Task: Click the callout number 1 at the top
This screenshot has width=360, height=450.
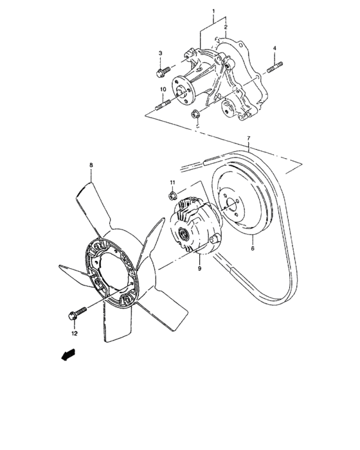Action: pos(213,12)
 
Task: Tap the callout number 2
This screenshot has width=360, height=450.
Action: pos(226,27)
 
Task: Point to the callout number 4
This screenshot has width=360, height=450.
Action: pos(274,49)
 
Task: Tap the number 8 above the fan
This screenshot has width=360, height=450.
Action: pos(91,165)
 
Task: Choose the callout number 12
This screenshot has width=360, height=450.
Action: pos(74,334)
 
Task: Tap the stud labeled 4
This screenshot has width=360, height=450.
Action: pos(274,65)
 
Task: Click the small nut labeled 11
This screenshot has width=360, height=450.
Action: pos(172,195)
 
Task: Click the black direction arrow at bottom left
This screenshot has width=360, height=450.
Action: pos(66,355)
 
